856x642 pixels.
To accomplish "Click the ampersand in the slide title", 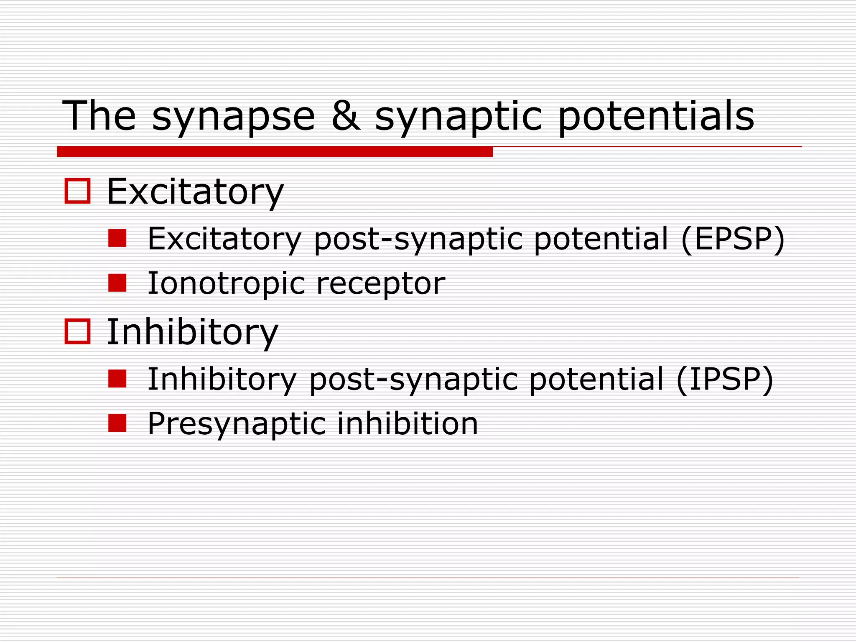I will click(346, 116).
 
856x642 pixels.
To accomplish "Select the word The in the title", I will click(99, 116).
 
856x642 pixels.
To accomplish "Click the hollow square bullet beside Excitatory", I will click(78, 191).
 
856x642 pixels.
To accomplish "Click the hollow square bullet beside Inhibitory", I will click(78, 331).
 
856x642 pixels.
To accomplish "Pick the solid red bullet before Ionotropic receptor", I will click(117, 283).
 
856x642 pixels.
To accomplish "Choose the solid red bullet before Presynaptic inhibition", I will click(117, 423).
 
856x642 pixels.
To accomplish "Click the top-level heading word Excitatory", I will click(195, 192).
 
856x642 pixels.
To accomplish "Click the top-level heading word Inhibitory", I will click(192, 332).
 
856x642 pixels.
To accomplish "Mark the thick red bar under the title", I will click(275, 152).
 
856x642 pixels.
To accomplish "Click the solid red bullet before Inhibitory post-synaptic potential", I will click(117, 379).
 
